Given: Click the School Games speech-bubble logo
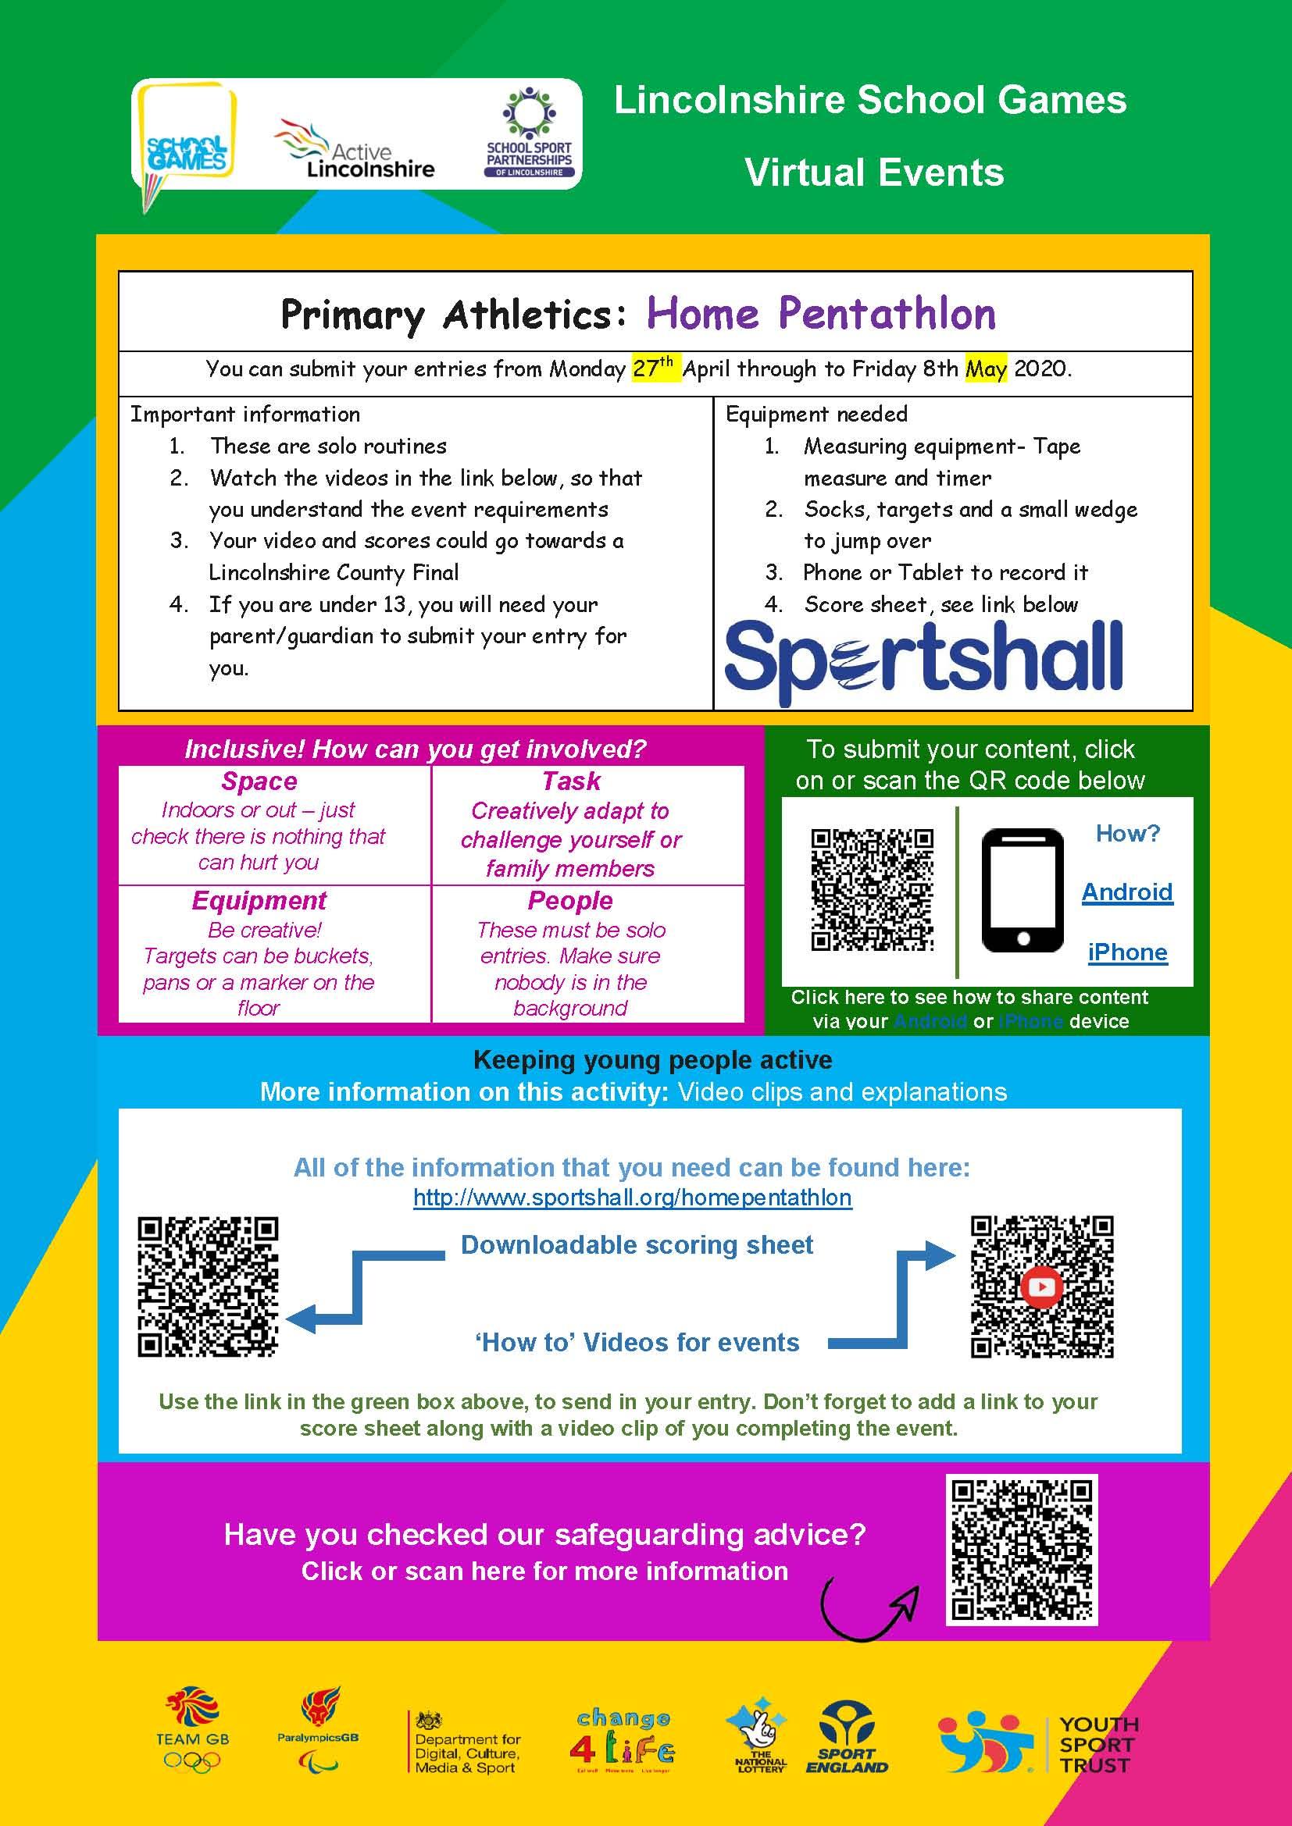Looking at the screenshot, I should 185,143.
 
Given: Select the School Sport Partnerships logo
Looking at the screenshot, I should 529,133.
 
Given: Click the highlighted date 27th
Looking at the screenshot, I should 654,368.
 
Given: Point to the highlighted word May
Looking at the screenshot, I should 986,369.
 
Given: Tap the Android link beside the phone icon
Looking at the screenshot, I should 1126,892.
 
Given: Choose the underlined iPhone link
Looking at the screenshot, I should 1126,952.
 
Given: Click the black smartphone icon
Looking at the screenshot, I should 1023,891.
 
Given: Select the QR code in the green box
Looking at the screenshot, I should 872,890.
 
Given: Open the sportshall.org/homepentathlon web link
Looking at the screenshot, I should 633,1197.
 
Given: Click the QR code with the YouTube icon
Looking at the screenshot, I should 1041,1286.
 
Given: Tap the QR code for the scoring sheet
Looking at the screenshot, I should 208,1286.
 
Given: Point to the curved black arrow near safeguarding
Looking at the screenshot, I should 867,1608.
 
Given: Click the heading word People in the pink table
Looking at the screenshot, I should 569,900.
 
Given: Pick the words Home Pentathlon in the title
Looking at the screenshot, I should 820,313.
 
